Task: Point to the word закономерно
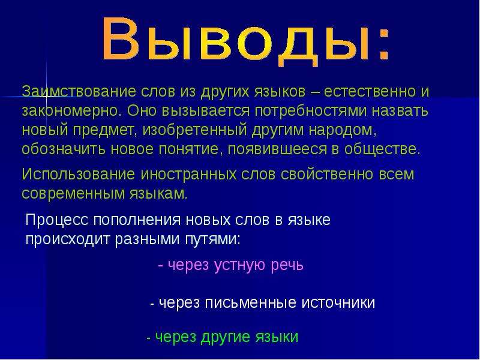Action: point(70,110)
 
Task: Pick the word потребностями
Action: point(310,112)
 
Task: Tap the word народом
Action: point(343,131)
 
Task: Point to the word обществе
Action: point(382,149)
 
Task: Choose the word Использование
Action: point(79,174)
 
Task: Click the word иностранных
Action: point(188,175)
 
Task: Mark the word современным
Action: point(72,193)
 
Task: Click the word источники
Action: point(338,302)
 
